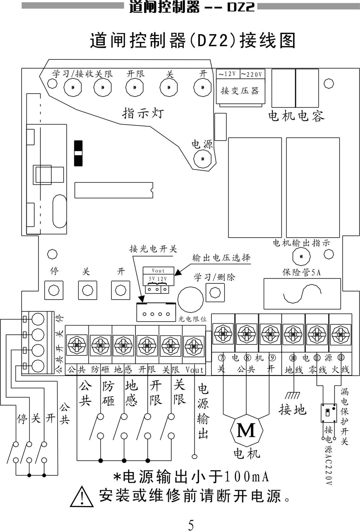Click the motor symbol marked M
pos(246,431)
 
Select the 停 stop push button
pos(54,290)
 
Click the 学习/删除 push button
pos(215,292)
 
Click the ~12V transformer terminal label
pos(228,74)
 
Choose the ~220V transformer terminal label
pos(252,74)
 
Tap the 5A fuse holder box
pos(302,293)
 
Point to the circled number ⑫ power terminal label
pos(341,358)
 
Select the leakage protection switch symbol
pos(329,413)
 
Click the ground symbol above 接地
pos(293,395)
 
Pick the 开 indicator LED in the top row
pos(203,87)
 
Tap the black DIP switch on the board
pos(78,153)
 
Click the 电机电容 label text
pos(296,116)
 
